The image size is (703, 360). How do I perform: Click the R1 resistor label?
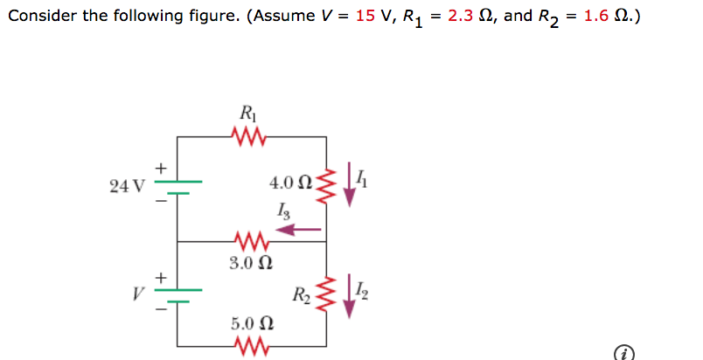click(247, 112)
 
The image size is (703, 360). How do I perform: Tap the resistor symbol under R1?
click(249, 135)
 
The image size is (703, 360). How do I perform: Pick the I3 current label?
click(280, 210)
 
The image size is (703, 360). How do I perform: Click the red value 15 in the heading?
click(365, 17)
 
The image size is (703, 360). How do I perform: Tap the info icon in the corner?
click(623, 352)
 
